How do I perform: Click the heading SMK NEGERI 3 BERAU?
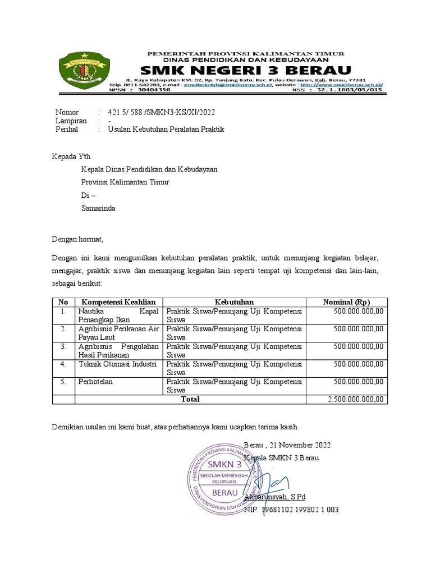coord(246,70)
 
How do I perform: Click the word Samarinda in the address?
coord(99,207)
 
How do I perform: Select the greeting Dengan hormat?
coord(77,239)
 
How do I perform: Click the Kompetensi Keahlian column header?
coord(119,302)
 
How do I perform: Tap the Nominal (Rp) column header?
coord(346,302)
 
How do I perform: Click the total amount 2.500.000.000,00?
coord(356,399)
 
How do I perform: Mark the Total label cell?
coord(190,399)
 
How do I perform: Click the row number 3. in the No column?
coord(63,346)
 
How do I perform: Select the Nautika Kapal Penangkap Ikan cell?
coord(119,316)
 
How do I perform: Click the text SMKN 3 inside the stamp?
coord(224,465)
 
